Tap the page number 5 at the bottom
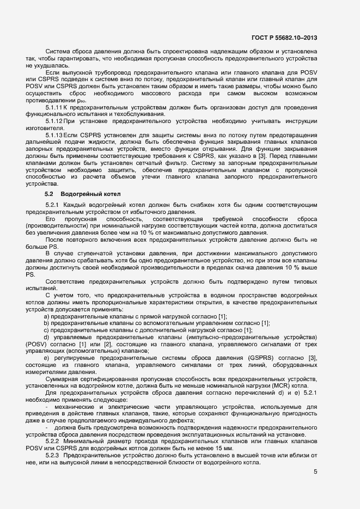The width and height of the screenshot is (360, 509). point(315,471)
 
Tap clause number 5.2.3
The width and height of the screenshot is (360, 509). point(54,454)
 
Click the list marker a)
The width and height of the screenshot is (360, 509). point(47,316)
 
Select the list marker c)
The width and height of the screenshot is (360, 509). point(47,330)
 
